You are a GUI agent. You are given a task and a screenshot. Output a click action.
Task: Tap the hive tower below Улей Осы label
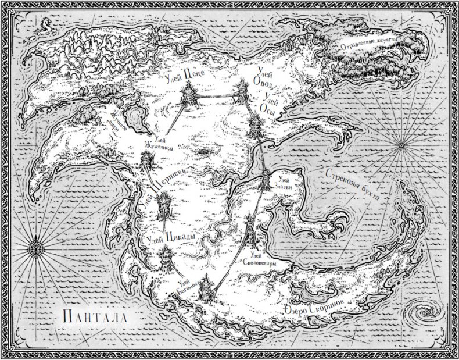click(255, 124)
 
